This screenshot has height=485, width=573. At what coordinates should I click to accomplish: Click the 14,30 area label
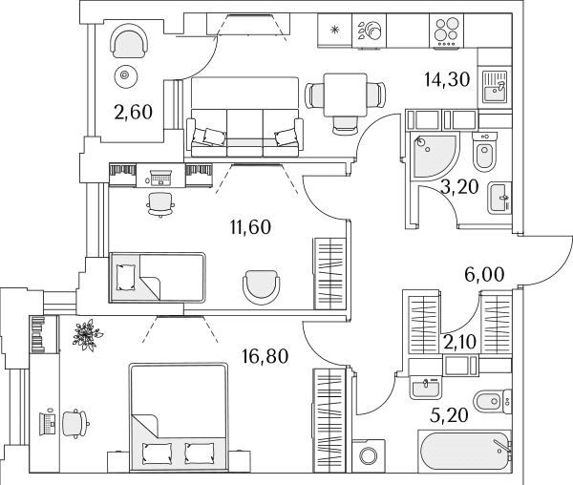point(447,79)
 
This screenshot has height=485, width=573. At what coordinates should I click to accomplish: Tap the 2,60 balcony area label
point(133,112)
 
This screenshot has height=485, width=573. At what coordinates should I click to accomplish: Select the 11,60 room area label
point(250,227)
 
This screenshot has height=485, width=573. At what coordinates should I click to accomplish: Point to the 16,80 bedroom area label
point(265,356)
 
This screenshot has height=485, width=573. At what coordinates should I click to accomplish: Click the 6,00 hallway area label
point(484,274)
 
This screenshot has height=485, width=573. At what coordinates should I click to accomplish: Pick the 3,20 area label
point(459,187)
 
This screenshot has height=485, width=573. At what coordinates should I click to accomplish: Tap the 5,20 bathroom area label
point(449,415)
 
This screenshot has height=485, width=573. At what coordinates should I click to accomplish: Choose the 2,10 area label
point(459,342)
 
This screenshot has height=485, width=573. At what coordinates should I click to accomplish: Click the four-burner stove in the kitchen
point(446,31)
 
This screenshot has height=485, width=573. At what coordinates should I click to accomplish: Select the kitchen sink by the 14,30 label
point(495,87)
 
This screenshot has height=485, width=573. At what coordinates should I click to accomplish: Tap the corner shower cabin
point(433,157)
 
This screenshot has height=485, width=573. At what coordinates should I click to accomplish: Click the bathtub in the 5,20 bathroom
point(465,452)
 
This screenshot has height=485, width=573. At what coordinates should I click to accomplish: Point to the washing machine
point(369,455)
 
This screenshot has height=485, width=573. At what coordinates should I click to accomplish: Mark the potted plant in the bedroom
point(87,335)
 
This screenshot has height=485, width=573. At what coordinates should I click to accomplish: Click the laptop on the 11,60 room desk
point(160,177)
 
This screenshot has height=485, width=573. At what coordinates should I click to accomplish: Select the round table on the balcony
point(125,75)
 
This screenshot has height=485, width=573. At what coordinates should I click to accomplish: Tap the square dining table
point(346,95)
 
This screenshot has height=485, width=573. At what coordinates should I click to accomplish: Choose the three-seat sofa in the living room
point(244,133)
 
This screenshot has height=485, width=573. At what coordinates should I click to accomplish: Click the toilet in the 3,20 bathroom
point(484,152)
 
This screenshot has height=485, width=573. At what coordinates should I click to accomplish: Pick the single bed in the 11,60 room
point(158,278)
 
